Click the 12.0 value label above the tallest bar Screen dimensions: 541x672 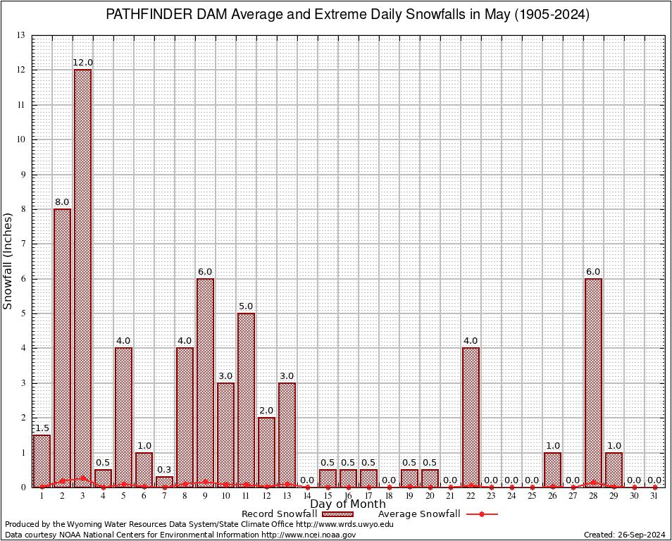(x=83, y=63)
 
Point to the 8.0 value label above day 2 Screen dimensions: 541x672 (x=62, y=202)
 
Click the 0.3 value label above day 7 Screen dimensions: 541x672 (x=164, y=470)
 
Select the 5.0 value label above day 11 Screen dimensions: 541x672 (x=246, y=306)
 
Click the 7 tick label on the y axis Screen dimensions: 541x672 (x=23, y=244)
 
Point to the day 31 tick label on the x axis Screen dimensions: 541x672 (x=654, y=496)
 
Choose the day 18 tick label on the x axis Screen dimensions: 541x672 (x=389, y=496)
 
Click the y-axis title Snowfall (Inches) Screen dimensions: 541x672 (x=8, y=261)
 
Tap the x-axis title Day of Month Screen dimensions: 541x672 (x=348, y=504)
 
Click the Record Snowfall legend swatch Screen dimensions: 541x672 (x=337, y=514)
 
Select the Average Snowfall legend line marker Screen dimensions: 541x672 (x=482, y=514)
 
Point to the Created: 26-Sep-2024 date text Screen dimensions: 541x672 (x=625, y=535)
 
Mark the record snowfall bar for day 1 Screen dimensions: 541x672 (x=42, y=461)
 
